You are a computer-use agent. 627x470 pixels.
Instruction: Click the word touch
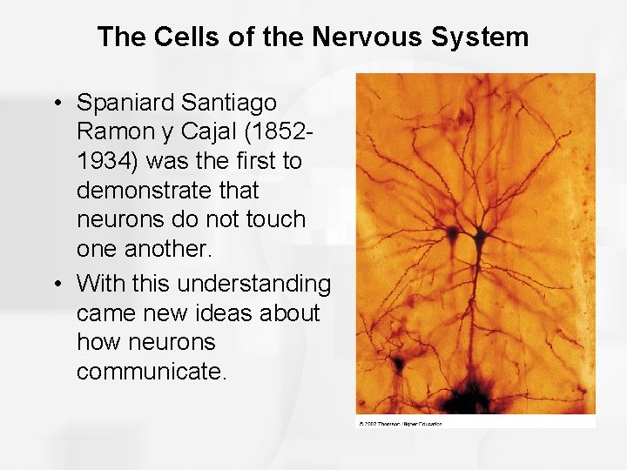tap(275, 218)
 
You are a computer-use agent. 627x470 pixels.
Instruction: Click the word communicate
tap(151, 372)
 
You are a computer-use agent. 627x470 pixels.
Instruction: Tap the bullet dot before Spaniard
tap(57, 104)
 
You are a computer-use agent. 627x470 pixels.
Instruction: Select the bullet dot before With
tap(57, 285)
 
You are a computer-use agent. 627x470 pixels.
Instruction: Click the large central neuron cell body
tap(477, 236)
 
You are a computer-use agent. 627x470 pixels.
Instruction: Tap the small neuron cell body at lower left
tap(397, 361)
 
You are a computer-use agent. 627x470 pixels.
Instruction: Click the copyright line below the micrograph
tap(401, 424)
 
